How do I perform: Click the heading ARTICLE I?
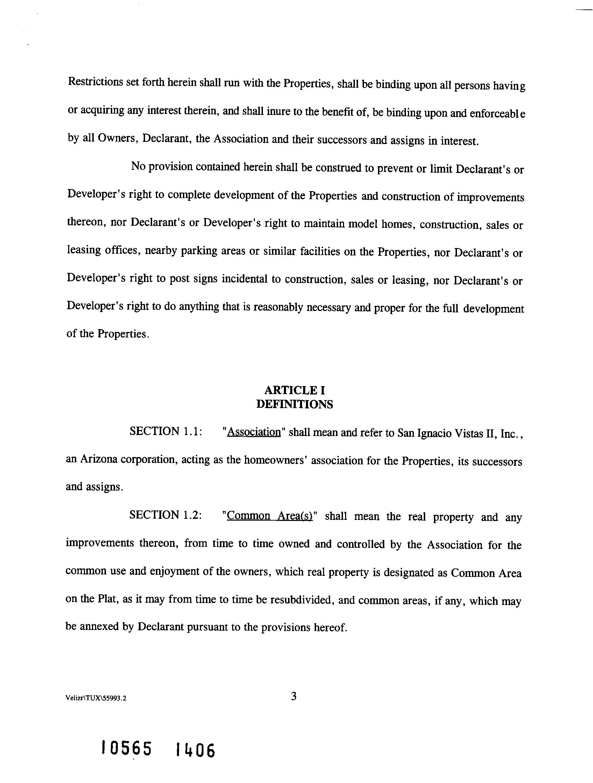pyautogui.click(x=294, y=390)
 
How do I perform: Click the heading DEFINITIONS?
pyautogui.click(x=294, y=404)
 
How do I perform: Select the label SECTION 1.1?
pyautogui.click(x=166, y=431)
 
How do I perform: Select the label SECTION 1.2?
pyautogui.click(x=166, y=515)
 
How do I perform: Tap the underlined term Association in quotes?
pyautogui.click(x=253, y=432)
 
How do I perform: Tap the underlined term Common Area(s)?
pyautogui.click(x=270, y=516)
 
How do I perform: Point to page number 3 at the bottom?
pyautogui.click(x=294, y=697)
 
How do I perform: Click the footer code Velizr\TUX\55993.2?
pyautogui.click(x=96, y=698)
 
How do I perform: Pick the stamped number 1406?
pyautogui.click(x=195, y=751)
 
